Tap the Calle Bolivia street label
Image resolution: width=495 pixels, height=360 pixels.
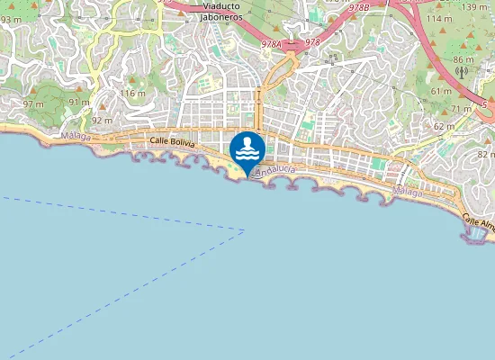click(172, 141)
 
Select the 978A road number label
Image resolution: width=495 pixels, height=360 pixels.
click(273, 42)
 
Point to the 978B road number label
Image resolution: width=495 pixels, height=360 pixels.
click(358, 7)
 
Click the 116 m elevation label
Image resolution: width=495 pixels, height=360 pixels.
click(132, 94)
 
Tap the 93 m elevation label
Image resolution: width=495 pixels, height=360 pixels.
click(11, 18)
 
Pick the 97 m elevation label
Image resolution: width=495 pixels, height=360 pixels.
click(33, 104)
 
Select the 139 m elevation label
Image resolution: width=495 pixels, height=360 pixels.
click(475, 7)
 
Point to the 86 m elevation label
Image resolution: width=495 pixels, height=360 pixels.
click(463, 60)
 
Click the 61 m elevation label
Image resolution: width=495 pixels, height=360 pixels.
click(441, 91)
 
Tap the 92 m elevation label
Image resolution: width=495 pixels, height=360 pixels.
click(102, 121)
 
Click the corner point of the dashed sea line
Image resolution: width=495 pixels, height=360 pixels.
click(245, 229)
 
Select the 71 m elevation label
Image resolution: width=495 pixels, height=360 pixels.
click(461, 109)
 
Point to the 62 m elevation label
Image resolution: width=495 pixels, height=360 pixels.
click(444, 127)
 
